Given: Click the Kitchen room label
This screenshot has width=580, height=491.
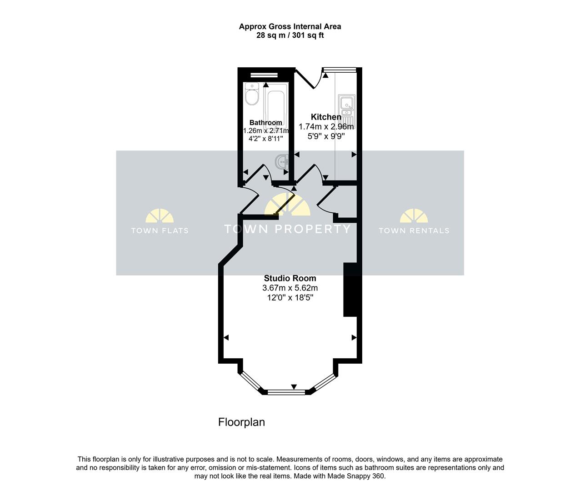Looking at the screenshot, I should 325,117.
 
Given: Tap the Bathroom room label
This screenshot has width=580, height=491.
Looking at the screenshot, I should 265,122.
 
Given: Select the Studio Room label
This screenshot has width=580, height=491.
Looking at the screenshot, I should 290,278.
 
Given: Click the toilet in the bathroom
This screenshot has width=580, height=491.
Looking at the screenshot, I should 251,94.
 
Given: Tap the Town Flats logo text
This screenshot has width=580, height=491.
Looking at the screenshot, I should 160,230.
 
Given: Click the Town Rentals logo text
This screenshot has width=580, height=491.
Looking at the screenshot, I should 414,230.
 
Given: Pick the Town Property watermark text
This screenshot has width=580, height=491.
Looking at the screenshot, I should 287,229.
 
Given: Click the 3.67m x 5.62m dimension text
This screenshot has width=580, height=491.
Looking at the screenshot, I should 290,288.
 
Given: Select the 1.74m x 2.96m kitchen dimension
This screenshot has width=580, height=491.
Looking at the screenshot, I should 326,126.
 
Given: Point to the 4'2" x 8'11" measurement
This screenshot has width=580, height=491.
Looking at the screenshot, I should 265,139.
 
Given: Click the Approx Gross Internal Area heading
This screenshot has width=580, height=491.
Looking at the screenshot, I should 290,26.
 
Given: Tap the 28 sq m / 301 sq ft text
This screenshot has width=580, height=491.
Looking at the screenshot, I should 290,35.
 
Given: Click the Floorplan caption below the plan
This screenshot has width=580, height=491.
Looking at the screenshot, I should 241,422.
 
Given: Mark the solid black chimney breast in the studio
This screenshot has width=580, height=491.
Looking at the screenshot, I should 349,289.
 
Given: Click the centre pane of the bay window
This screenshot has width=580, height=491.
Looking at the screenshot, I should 287,390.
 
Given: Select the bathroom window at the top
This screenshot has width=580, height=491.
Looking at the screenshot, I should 264,75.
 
